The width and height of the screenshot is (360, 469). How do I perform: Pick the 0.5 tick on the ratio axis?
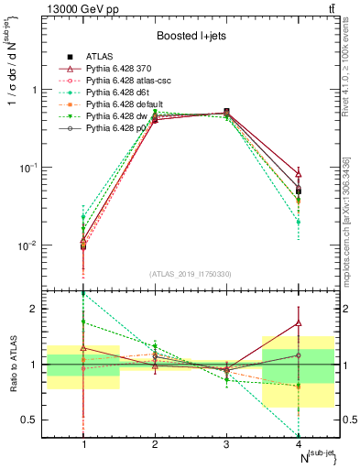(37, 420)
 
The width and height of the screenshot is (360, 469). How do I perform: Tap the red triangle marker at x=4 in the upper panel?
(298, 174)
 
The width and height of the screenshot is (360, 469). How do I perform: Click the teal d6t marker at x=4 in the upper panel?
(298, 222)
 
